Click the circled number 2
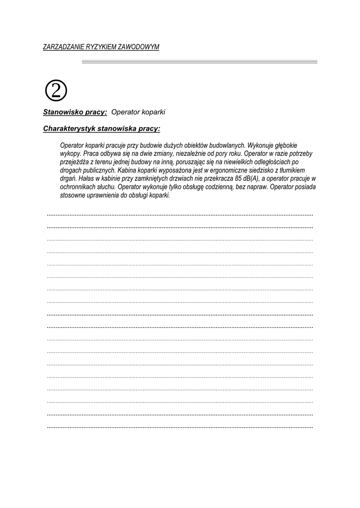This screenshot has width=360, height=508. [x=56, y=90]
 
